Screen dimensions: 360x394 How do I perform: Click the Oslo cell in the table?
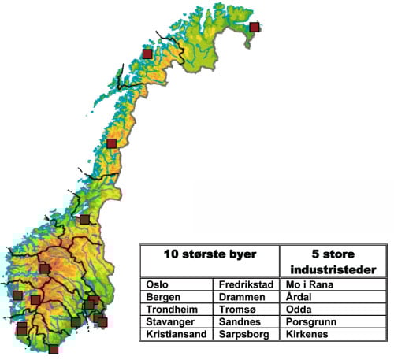pyautogui.click(x=158, y=284)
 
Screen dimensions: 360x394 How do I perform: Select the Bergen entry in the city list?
pyautogui.click(x=163, y=296)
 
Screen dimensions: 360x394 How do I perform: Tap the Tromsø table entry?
pyautogui.click(x=238, y=309)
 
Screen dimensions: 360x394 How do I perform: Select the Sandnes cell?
pyautogui.click(x=240, y=321)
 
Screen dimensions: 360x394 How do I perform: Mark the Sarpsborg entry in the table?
pyautogui.click(x=244, y=334)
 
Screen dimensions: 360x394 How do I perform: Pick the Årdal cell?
pyautogui.click(x=303, y=296)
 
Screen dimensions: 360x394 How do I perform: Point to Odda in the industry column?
pyautogui.click(x=303, y=309)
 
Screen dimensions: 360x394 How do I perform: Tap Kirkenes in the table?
pyautogui.click(x=310, y=334)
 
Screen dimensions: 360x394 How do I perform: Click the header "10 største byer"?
pyautogui.click(x=209, y=254)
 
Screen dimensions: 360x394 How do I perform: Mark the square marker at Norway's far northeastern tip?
pyautogui.click(x=254, y=27)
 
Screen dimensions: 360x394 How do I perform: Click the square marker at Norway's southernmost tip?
pyautogui.click(x=54, y=349)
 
